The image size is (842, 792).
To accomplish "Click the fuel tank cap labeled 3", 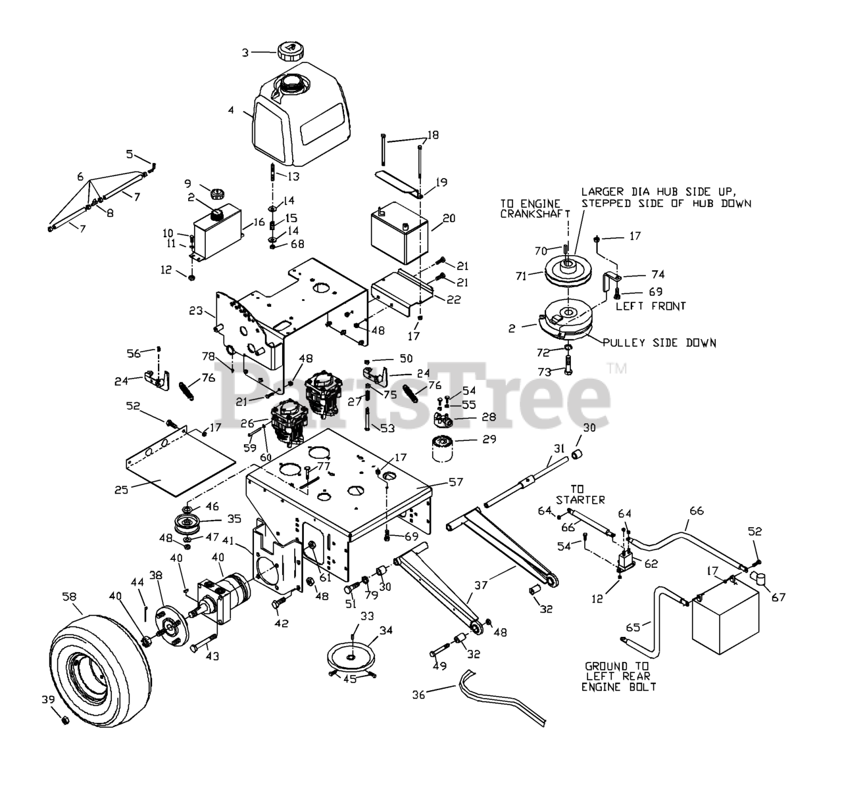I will (x=289, y=51).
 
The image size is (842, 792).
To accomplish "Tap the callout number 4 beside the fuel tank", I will (x=231, y=110).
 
